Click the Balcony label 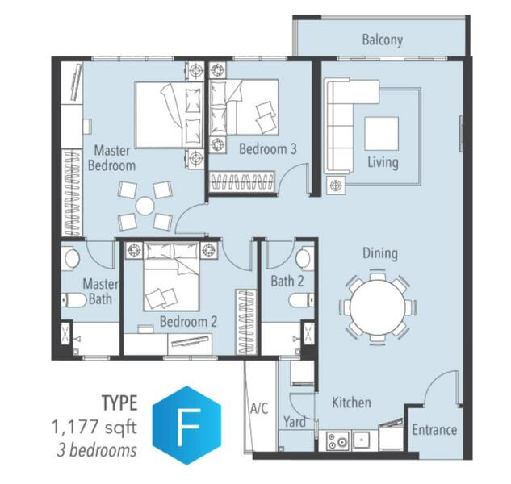click(383, 40)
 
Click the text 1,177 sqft click(94, 427)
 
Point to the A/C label click(259, 408)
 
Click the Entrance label click(434, 430)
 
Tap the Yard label click(295, 422)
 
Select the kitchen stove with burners click(338, 441)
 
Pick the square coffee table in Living click(381, 134)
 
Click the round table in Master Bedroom click(145, 206)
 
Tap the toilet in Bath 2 click(301, 300)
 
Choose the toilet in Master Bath click(74, 300)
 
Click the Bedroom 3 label click(268, 149)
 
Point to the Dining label click(380, 253)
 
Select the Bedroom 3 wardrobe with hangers click(241, 181)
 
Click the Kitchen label click(351, 403)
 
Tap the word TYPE click(119, 403)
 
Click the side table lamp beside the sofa click(336, 186)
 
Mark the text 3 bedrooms click(97, 450)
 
